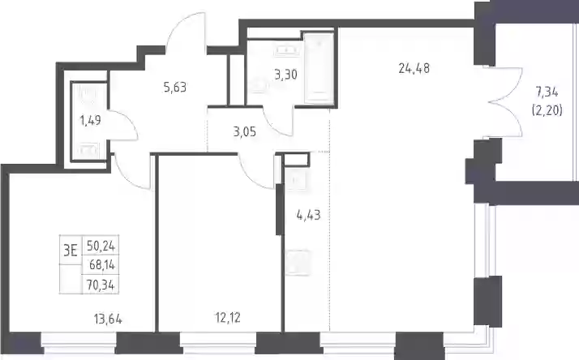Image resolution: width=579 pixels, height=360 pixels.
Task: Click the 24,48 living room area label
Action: pyautogui.click(x=414, y=68)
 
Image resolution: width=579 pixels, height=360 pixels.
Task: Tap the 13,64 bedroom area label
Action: pyautogui.click(x=108, y=319)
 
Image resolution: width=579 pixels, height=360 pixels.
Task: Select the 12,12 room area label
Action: pyautogui.click(x=227, y=317)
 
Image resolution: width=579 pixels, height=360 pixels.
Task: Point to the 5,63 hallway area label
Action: pyautogui.click(x=174, y=88)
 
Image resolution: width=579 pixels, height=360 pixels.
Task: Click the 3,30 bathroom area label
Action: pyautogui.click(x=285, y=75)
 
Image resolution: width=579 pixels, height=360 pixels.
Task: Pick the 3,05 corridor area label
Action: pyautogui.click(x=244, y=131)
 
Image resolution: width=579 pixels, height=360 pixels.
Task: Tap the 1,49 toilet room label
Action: pyautogui.click(x=90, y=120)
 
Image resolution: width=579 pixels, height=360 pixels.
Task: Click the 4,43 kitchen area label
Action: pyautogui.click(x=308, y=215)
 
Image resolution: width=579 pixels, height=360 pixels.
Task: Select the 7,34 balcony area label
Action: pyautogui.click(x=547, y=92)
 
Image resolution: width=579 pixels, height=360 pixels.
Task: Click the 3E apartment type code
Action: pyautogui.click(x=71, y=251)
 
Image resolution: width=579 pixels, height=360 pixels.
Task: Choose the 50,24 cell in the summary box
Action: pyautogui.click(x=101, y=246)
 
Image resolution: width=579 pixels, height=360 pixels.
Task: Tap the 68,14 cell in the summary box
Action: pyautogui.click(x=102, y=264)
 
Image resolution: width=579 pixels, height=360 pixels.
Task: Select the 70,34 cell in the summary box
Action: pyautogui.click(x=101, y=285)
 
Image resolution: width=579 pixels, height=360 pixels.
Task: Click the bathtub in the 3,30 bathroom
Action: pyautogui.click(x=319, y=67)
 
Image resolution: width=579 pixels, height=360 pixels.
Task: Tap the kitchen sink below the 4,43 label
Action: pyautogui.click(x=298, y=263)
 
